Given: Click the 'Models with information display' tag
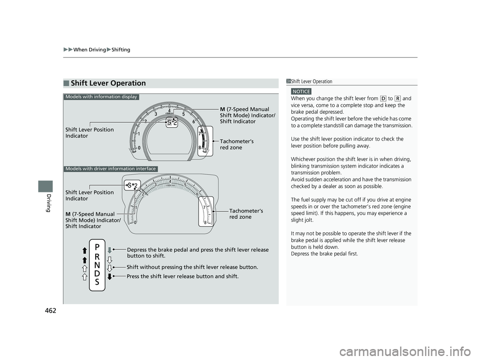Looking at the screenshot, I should (x=101, y=97).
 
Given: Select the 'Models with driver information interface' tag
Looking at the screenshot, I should (x=111, y=169).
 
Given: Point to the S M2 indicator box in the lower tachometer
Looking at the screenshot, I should (x=132, y=186).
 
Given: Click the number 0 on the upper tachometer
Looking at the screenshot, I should (x=139, y=148).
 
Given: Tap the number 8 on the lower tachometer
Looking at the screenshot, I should (x=205, y=223).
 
